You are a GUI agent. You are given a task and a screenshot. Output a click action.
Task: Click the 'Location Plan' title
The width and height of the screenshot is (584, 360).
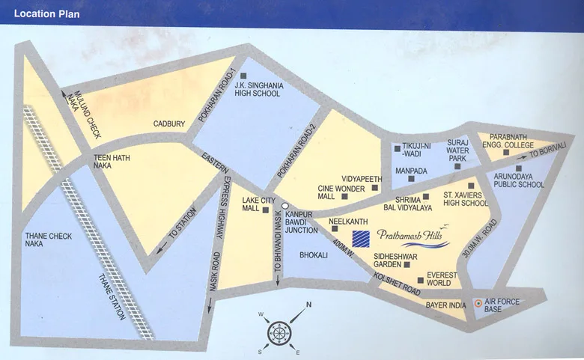47,14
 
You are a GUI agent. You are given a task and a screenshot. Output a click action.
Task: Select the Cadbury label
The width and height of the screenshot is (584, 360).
169,123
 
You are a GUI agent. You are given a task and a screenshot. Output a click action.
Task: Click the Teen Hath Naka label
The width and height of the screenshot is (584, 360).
108,162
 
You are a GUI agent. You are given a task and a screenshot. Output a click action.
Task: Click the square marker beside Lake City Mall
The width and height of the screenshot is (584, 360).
266,210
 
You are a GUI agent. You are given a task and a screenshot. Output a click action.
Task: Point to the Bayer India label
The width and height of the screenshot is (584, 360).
447,305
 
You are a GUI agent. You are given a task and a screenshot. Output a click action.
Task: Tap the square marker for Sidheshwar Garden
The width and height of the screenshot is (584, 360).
407,264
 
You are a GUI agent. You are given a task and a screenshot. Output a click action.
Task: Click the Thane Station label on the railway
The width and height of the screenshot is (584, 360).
110,297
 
